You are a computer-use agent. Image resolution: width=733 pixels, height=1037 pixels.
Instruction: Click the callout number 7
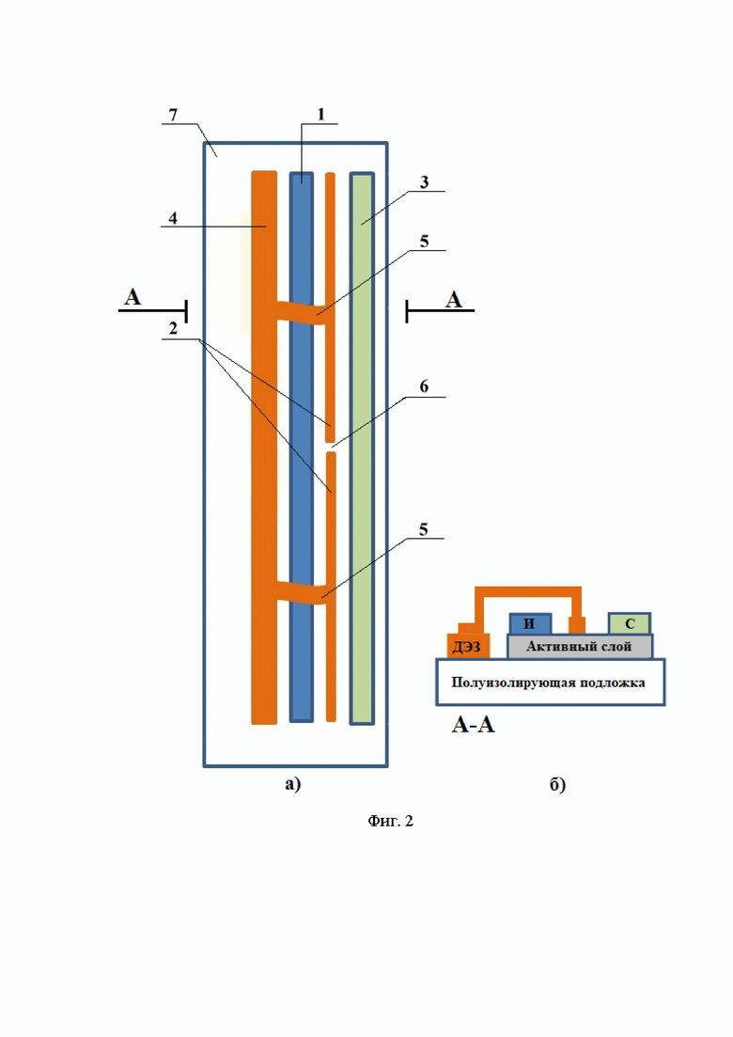(173, 115)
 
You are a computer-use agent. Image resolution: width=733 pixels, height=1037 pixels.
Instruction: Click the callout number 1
(321, 115)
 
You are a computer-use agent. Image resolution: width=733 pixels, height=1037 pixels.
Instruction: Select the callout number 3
(425, 182)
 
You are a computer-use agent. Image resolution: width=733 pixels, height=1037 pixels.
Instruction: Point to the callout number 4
(173, 218)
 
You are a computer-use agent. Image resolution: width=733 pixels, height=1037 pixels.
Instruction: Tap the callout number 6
(425, 386)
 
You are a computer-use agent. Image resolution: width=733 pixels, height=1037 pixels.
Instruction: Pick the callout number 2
(173, 329)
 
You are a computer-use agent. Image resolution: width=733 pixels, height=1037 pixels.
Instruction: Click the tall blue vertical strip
(302, 448)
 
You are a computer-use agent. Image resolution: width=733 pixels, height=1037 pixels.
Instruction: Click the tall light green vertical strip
(362, 448)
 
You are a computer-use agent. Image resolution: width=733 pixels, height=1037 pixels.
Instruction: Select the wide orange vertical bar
(264, 448)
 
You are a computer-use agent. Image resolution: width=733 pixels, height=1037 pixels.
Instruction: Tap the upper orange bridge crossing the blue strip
(302, 309)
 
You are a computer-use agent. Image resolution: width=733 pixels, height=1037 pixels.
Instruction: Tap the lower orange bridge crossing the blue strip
(302, 590)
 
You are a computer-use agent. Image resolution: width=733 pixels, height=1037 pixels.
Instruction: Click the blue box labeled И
(530, 623)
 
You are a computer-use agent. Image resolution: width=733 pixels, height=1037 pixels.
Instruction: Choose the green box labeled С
(630, 623)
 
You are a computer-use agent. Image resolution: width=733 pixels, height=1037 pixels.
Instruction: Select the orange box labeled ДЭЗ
(468, 646)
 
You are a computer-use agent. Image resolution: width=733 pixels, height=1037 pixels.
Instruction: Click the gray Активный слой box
(580, 646)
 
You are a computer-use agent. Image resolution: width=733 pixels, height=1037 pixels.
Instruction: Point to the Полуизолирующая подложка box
(550, 682)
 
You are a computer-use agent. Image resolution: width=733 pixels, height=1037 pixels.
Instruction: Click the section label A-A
(474, 725)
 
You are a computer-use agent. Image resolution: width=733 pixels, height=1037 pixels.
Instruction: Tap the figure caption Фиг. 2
(391, 821)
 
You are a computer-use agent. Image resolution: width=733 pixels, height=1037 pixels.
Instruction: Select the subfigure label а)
(293, 784)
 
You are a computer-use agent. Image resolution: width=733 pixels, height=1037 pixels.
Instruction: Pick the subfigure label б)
(558, 784)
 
